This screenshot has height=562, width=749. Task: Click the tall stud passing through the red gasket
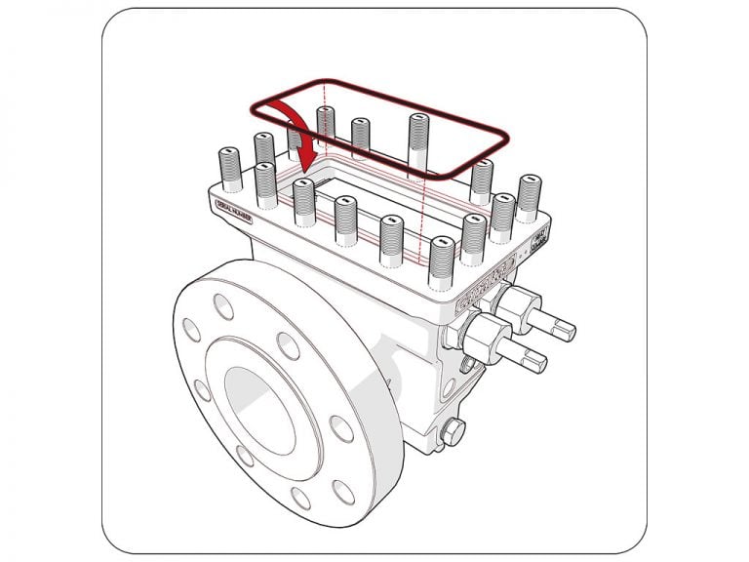click(x=418, y=146)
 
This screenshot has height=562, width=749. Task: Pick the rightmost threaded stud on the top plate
click(x=528, y=198)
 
